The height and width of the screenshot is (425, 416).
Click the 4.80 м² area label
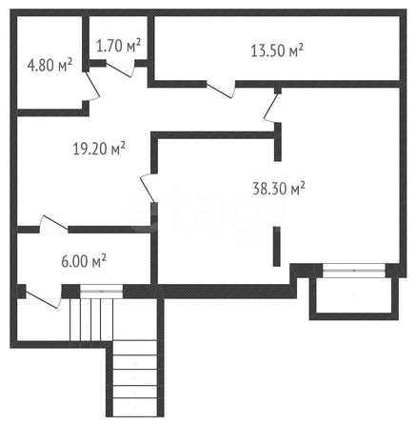click(x=50, y=65)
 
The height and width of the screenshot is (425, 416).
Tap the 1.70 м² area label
click(x=118, y=46)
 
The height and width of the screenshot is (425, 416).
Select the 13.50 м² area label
click(x=277, y=51)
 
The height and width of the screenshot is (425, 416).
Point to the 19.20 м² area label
click(x=99, y=149)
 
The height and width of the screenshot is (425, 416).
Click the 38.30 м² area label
click(x=279, y=189)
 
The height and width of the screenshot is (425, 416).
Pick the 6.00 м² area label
click(x=84, y=262)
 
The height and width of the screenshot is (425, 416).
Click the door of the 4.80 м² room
click(x=92, y=87)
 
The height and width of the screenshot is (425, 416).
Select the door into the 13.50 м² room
click(x=221, y=90)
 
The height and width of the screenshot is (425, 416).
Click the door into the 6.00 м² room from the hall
click(x=53, y=224)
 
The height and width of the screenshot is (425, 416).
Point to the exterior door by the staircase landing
click(x=43, y=299)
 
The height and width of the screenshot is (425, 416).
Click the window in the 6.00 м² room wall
click(x=101, y=291)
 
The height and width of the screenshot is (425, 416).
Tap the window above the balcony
click(x=354, y=271)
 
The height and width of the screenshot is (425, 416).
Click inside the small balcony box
click(x=354, y=298)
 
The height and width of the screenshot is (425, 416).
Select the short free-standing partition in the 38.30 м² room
click(x=277, y=247)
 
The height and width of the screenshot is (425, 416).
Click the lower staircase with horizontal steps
click(x=135, y=378)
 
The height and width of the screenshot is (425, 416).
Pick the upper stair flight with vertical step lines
click(x=91, y=319)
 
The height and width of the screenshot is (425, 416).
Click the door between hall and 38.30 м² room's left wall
click(x=149, y=188)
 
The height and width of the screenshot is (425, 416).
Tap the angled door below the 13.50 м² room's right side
click(x=272, y=108)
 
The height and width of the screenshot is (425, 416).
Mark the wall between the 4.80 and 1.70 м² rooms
click(x=86, y=44)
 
